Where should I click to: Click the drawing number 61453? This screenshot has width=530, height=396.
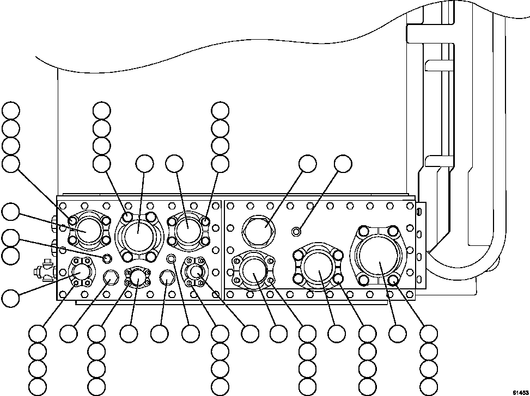click(520, 391)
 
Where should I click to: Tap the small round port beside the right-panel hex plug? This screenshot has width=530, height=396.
click(296, 232)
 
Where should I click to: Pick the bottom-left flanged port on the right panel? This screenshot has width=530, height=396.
click(253, 269)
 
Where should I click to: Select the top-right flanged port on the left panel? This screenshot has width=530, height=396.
click(187, 229)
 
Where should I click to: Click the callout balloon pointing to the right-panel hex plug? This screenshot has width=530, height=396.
click(308, 164)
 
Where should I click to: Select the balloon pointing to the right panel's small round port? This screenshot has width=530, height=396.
click(343, 164)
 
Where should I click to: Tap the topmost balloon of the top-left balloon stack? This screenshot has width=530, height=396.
click(10, 110)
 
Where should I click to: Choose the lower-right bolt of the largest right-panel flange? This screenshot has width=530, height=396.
click(393, 281)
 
